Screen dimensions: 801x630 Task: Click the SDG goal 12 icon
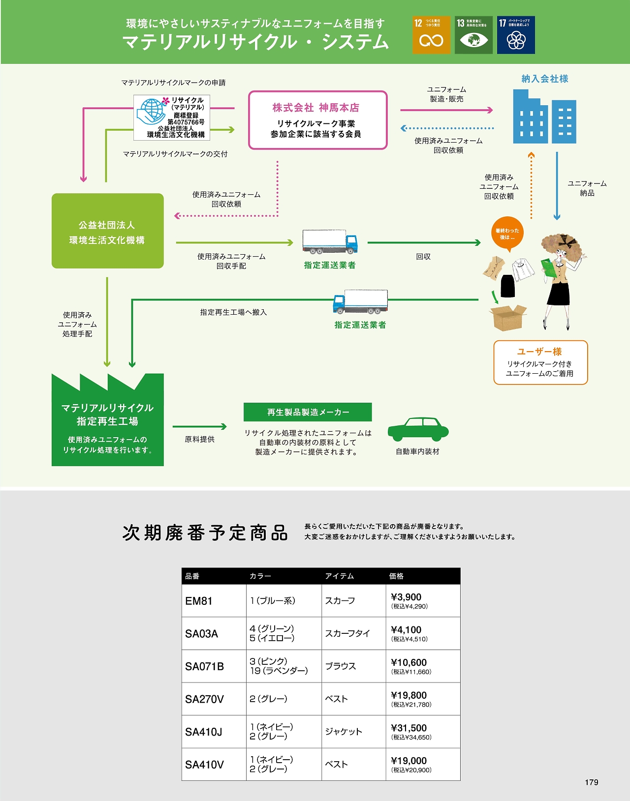431,35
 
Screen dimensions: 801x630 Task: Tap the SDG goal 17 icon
516,35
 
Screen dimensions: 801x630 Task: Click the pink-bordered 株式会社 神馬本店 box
317,120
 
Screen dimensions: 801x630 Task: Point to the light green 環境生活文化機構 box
107,231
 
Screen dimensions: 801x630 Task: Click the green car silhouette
418,429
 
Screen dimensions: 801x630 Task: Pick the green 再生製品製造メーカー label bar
308,412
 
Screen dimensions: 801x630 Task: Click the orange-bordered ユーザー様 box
540,362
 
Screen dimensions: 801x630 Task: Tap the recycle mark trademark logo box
172,118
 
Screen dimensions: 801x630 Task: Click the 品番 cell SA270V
204,699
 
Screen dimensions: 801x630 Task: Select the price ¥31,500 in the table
409,728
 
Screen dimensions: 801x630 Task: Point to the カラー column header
260,576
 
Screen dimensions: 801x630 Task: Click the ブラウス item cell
340,666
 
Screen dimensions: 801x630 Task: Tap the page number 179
592,782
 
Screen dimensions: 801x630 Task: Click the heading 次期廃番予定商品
205,533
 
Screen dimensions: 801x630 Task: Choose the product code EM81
199,601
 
